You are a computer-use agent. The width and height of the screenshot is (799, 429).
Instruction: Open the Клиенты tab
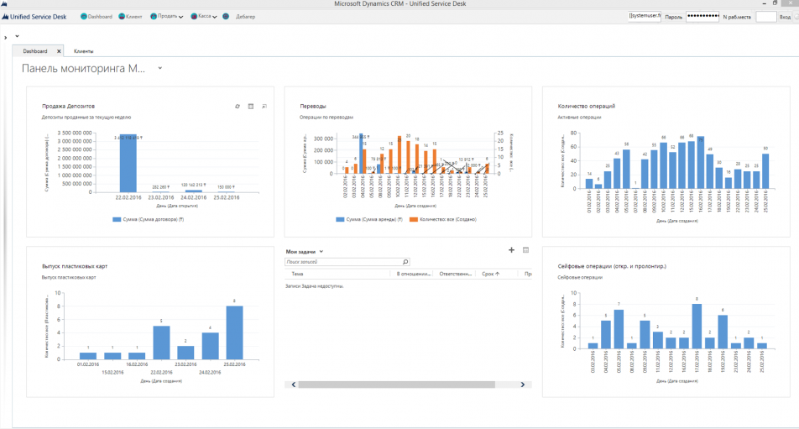(83, 51)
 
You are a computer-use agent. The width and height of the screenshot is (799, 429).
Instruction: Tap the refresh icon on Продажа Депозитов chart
(238, 107)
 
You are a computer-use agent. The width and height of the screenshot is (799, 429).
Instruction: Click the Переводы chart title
(313, 107)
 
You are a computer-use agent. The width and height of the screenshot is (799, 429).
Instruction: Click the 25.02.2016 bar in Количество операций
(765, 171)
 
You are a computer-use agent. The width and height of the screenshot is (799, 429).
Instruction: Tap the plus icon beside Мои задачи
(512, 250)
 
